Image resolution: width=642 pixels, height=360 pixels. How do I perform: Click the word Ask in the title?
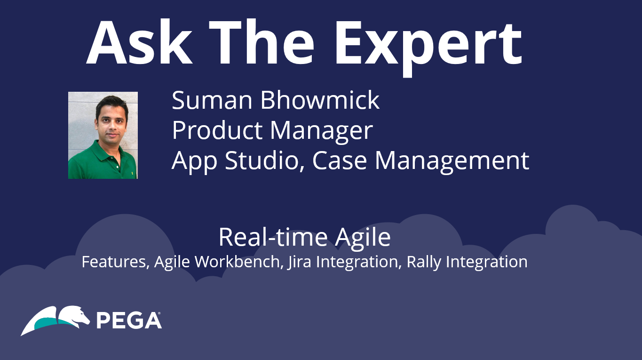point(139,42)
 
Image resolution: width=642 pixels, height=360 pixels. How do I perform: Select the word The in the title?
point(262,42)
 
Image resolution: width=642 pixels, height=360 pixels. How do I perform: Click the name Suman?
point(212,100)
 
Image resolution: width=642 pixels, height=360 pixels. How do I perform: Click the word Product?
point(217,130)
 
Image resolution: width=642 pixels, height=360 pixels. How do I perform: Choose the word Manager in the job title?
point(321,132)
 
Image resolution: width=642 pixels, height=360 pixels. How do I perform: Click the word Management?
point(452,162)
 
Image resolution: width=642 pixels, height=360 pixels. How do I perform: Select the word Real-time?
point(273,237)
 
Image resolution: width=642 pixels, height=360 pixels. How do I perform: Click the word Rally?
point(424,263)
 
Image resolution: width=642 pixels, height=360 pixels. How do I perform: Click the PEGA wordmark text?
point(129,320)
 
